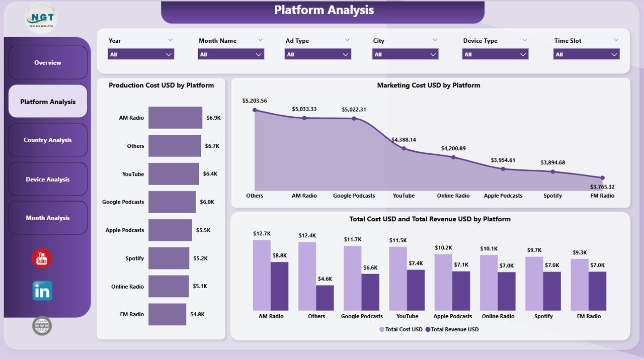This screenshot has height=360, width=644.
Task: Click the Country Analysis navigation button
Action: click(48, 140)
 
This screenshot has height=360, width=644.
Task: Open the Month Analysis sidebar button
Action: click(48, 218)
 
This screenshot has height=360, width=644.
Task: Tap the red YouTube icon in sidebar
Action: click(42, 258)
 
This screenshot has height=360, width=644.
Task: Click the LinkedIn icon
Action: click(42, 291)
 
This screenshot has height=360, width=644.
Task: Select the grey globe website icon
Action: click(42, 326)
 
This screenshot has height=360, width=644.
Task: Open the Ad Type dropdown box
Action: click(317, 54)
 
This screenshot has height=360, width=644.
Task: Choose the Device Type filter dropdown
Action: click(495, 54)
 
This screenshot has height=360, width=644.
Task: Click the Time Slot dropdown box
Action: click(586, 54)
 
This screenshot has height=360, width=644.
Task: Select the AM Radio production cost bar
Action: click(175, 118)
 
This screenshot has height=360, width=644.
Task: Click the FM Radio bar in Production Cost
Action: click(167, 314)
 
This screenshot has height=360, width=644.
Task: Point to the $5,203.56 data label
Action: click(255, 101)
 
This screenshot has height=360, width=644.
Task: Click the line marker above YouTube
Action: click(404, 148)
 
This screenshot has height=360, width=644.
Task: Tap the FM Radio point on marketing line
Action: click(602, 177)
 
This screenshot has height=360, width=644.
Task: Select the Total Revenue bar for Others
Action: click(325, 298)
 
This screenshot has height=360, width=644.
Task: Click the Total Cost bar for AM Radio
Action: click(262, 275)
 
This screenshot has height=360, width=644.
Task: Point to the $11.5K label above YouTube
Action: click(397, 241)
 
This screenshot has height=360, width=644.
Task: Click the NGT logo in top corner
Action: click(41, 18)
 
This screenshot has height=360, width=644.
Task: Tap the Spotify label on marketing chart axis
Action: click(552, 196)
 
